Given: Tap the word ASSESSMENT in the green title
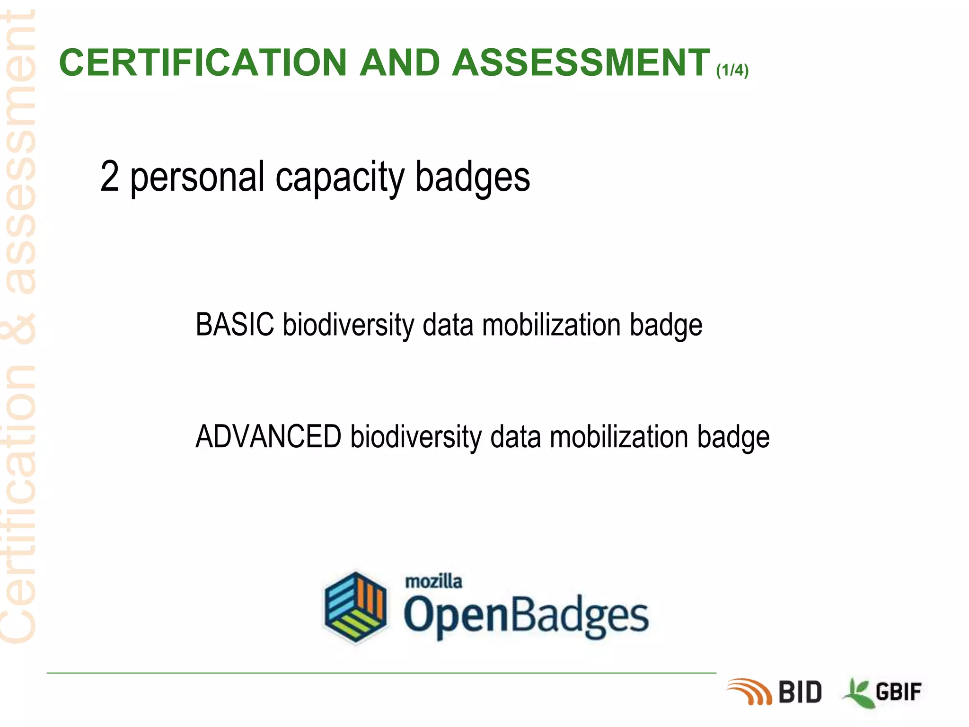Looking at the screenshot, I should point(581,62).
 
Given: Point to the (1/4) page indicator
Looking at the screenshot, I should point(732,71).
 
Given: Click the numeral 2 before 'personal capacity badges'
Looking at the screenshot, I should point(110,176).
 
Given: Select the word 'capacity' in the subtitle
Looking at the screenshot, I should point(340,178).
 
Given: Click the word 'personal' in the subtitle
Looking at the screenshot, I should point(197,178).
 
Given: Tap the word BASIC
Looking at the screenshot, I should point(235,325).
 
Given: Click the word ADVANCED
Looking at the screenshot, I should point(268,436).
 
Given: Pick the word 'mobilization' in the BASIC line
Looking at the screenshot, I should point(551,326).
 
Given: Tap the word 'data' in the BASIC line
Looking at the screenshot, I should point(448,326).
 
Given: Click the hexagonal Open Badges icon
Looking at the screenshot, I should point(355,607).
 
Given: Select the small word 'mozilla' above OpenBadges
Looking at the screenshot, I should point(433,581).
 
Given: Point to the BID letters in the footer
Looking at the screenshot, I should point(800,692).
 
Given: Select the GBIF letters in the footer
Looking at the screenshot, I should point(899,692).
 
